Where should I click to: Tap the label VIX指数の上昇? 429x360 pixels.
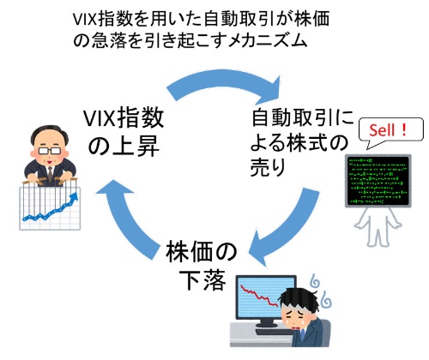click(x=124, y=132)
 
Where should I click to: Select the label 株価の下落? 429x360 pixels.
click(x=202, y=265)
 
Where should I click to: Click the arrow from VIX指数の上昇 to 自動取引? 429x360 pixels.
click(x=223, y=82)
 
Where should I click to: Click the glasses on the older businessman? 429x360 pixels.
click(x=50, y=151)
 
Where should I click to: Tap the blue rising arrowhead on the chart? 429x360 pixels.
click(x=75, y=196)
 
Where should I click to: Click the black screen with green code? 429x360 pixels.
click(x=378, y=181)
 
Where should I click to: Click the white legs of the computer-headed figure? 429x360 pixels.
click(x=378, y=227)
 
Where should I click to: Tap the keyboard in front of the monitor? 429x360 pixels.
click(x=272, y=333)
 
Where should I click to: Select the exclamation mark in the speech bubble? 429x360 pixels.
click(x=403, y=130)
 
